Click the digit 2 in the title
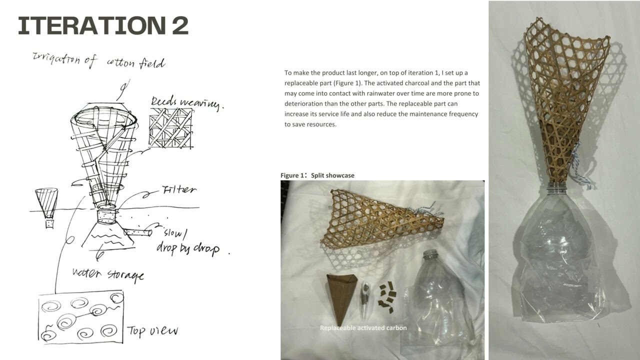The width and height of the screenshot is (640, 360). tap(180, 25)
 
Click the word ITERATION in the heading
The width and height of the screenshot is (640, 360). tap(92, 25)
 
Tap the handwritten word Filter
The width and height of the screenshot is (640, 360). tap(179, 189)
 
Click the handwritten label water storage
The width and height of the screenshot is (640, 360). tap(108, 274)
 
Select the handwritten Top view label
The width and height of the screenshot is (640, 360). tap(152, 331)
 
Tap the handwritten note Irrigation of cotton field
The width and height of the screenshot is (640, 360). tap(99, 61)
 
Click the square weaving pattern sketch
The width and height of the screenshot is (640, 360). tap(171, 128)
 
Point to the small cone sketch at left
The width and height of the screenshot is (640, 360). tap(47, 207)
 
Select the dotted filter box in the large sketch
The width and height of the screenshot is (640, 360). tap(107, 216)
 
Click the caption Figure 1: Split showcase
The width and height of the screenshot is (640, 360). tap(317, 175)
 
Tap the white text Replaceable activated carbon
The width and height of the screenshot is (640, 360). tap(363, 327)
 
